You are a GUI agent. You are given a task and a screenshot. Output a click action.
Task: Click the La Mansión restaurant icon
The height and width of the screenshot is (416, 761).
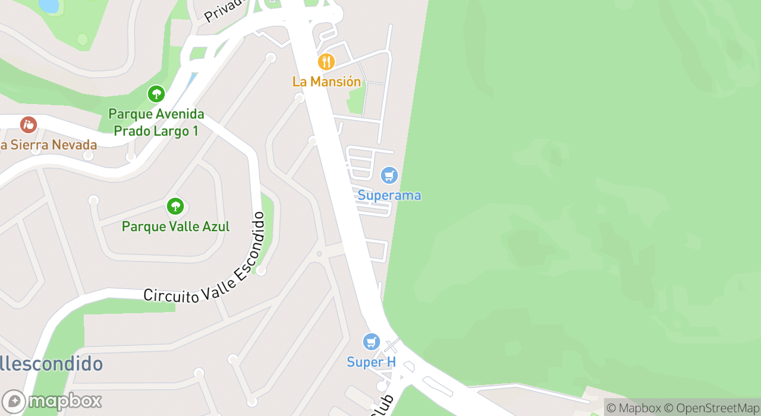pos(326,62)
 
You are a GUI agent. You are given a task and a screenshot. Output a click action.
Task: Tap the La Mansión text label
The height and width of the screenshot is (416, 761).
pos(326,81)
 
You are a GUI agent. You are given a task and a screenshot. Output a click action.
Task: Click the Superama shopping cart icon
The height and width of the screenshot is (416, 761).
pos(389,175)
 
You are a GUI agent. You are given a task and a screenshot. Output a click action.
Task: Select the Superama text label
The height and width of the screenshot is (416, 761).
pos(389,196)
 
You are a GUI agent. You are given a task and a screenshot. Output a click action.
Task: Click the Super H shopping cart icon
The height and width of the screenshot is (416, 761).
pos(372,342)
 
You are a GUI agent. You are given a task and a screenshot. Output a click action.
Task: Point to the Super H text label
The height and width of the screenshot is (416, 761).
pos(372,362)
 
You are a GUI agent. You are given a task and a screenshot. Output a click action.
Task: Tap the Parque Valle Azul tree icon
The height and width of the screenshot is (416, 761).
pos(175,206)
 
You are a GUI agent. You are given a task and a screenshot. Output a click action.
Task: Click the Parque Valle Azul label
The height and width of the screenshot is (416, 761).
pos(175,226)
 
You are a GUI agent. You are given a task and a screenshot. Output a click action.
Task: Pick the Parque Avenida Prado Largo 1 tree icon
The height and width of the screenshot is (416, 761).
pos(156,94)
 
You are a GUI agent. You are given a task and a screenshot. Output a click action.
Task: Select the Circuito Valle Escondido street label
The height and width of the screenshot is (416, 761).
pos(205,261)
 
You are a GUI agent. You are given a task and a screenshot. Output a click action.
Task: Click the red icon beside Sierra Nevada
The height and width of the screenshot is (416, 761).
pos(28,125)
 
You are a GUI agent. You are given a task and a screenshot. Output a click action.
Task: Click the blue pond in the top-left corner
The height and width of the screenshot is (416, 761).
pos(49,5)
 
